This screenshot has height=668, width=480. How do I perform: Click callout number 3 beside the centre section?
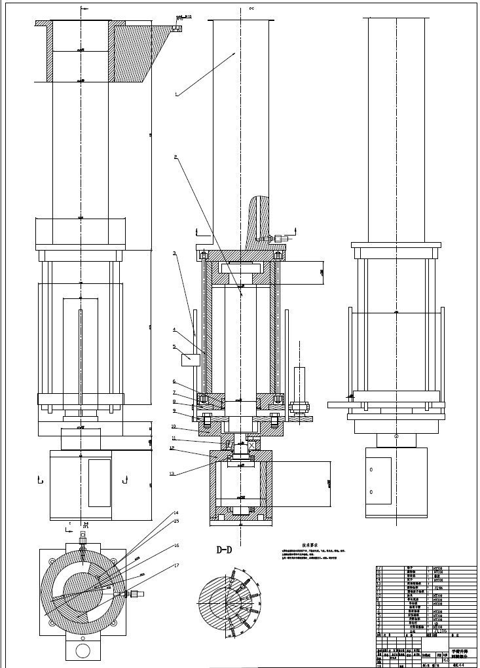click(174, 253)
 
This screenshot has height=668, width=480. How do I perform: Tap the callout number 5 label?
click(174, 346)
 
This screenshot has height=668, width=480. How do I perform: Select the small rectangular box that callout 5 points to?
click(191, 358)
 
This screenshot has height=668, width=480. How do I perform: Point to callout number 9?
click(174, 411)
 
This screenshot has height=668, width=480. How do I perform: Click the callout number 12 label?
click(172, 449)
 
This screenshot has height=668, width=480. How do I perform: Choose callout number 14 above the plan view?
click(176, 512)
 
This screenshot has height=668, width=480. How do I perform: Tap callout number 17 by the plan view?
click(176, 565)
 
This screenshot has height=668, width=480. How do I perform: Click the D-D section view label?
click(225, 550)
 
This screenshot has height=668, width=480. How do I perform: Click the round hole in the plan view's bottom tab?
click(83, 650)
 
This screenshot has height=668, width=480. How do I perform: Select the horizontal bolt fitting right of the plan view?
click(136, 594)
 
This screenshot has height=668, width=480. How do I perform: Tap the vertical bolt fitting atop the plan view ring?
click(83, 540)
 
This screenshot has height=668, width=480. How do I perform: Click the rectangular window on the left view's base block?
click(100, 483)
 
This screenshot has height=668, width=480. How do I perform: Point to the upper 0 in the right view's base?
click(371, 469)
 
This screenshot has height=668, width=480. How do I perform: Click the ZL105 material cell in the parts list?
click(440, 631)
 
